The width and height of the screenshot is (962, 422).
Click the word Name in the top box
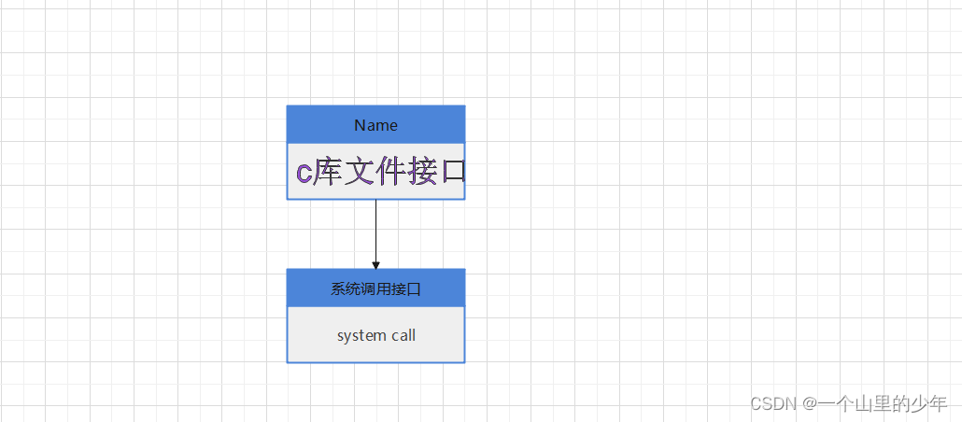click(x=375, y=125)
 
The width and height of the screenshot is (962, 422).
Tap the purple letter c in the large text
click(x=304, y=173)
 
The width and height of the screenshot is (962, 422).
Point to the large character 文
click(x=359, y=172)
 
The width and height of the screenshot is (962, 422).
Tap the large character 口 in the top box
click(x=451, y=172)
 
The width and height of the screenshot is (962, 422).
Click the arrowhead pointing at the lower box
click(x=375, y=265)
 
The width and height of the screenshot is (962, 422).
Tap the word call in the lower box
click(x=403, y=335)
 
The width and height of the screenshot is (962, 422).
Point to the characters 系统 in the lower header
click(x=342, y=289)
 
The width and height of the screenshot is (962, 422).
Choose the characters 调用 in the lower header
click(x=375, y=289)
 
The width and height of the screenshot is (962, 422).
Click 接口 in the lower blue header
click(x=408, y=289)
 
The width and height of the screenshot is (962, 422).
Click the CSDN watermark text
click(x=771, y=403)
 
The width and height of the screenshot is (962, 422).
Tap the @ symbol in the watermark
click(x=810, y=403)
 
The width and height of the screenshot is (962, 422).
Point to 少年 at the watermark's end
click(x=929, y=403)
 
